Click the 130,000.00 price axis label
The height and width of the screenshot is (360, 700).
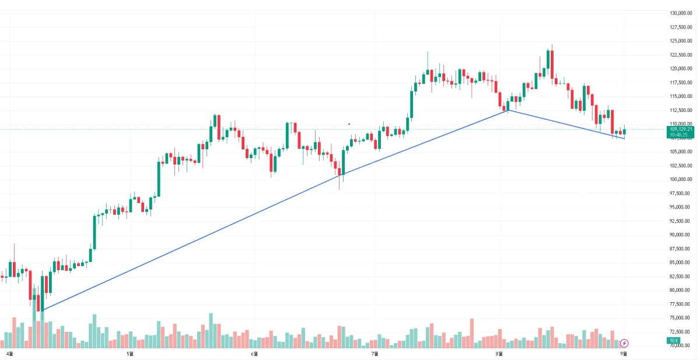(x=680, y=13)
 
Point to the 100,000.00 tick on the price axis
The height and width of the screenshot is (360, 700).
(x=680, y=179)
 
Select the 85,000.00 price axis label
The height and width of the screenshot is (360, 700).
(x=681, y=263)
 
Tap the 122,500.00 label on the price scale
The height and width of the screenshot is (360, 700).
(x=680, y=55)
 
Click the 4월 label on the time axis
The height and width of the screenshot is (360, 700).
(x=9, y=354)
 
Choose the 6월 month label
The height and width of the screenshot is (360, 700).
(x=254, y=354)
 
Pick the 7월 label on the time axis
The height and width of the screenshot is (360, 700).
(x=375, y=354)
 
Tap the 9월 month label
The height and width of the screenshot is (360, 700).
(x=624, y=354)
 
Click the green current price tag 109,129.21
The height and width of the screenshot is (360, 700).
(x=681, y=130)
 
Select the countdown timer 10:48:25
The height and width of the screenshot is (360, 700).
(x=681, y=135)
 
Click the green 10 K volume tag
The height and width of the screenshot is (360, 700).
(x=674, y=340)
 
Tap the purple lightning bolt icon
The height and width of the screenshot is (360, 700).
(x=625, y=343)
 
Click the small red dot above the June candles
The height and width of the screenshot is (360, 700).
(x=349, y=124)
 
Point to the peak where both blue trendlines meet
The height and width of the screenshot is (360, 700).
(x=508, y=110)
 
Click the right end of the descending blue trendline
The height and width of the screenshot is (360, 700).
(x=624, y=139)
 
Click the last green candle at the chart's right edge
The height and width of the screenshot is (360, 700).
(x=624, y=131)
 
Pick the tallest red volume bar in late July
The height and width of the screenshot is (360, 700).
(x=471, y=330)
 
